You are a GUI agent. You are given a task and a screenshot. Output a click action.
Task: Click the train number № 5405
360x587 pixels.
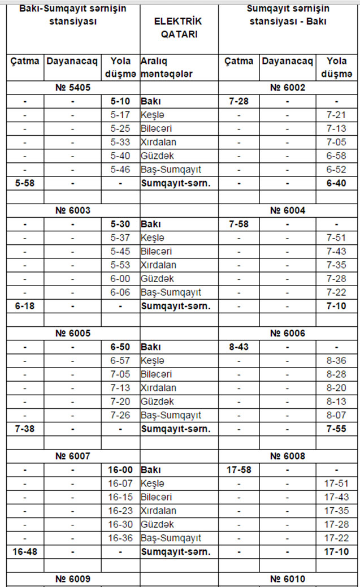pyautogui.click(x=73, y=88)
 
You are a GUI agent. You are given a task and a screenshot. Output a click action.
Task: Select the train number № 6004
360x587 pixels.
pyautogui.click(x=288, y=210)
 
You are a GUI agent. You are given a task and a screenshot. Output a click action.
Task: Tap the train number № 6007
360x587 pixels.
pyautogui.click(x=73, y=456)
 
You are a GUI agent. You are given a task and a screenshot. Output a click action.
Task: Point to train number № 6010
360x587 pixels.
pyautogui.click(x=288, y=579)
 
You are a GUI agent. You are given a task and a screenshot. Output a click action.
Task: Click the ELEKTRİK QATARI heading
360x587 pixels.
pyautogui.click(x=177, y=27)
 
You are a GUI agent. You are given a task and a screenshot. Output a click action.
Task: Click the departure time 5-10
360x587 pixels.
pyautogui.click(x=120, y=101)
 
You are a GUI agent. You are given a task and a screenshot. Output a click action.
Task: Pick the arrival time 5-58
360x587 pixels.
pyautogui.click(x=25, y=183)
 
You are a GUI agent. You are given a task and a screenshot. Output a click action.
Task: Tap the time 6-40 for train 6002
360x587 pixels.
pyautogui.click(x=336, y=183)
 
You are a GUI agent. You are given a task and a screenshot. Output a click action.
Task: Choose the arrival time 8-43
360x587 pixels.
pyautogui.click(x=239, y=347)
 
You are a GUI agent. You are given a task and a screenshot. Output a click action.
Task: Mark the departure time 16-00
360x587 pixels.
pyautogui.click(x=120, y=469)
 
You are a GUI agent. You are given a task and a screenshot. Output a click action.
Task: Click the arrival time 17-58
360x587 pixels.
pyautogui.click(x=239, y=469)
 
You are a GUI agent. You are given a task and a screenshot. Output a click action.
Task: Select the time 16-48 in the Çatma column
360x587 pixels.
pyautogui.click(x=25, y=551)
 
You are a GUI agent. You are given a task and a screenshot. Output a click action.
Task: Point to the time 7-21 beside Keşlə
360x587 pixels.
pyautogui.click(x=336, y=115)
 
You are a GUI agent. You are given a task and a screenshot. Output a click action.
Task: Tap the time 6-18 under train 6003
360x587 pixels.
pyautogui.click(x=25, y=306)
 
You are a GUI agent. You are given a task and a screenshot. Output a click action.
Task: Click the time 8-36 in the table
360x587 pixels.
pyautogui.click(x=336, y=360)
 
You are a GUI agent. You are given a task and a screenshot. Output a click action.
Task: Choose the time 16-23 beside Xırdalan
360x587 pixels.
pyautogui.click(x=120, y=511)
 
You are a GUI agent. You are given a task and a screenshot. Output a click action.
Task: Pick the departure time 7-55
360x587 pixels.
pyautogui.click(x=336, y=429)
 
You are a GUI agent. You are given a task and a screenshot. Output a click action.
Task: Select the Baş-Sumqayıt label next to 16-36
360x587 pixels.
pyautogui.click(x=171, y=538)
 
